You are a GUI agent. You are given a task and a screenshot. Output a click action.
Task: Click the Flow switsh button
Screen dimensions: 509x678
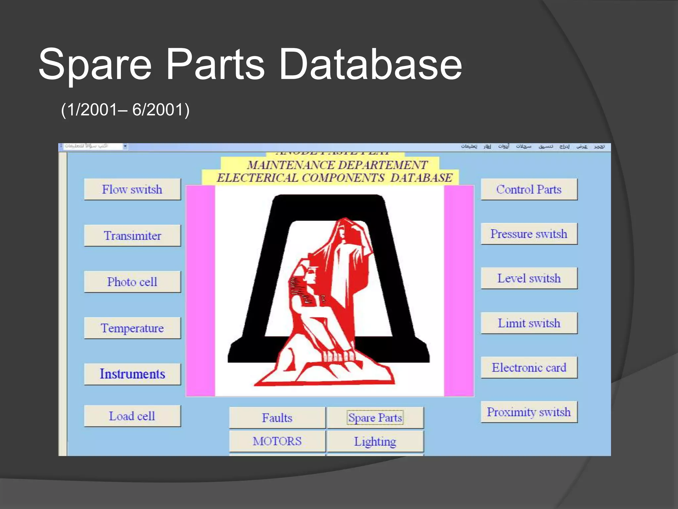[x=132, y=190]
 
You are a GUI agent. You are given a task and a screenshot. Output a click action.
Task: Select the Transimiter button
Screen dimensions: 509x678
[x=132, y=236]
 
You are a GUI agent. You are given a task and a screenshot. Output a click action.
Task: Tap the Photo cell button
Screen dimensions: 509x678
[x=132, y=282]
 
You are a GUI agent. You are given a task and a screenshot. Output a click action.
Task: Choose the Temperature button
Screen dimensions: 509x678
[x=132, y=328]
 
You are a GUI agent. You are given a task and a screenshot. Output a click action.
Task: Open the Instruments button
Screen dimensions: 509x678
[x=132, y=374]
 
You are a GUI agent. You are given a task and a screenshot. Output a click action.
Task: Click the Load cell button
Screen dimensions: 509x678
[x=132, y=416]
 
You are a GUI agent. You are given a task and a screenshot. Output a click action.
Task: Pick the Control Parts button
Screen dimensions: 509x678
[x=529, y=190]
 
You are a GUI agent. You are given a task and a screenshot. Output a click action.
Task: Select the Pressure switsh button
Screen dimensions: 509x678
[x=529, y=234]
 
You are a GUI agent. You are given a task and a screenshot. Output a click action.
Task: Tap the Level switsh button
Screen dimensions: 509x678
[x=529, y=278]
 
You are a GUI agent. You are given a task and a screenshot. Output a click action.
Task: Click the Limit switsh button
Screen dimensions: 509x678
[x=529, y=323]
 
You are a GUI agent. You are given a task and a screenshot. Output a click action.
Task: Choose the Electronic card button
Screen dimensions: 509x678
[x=529, y=368]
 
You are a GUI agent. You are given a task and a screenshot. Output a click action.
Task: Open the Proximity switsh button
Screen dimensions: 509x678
[x=529, y=412]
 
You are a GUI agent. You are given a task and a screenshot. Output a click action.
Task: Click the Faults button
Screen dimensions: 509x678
[x=277, y=418]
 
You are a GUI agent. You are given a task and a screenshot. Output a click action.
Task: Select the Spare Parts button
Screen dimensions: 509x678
[x=375, y=418]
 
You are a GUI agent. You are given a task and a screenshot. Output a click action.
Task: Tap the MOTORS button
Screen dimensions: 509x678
[x=277, y=441]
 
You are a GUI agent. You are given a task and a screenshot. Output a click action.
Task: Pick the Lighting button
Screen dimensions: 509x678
[x=375, y=441]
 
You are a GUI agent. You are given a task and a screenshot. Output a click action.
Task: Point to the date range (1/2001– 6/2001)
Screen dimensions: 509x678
[x=125, y=110]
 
